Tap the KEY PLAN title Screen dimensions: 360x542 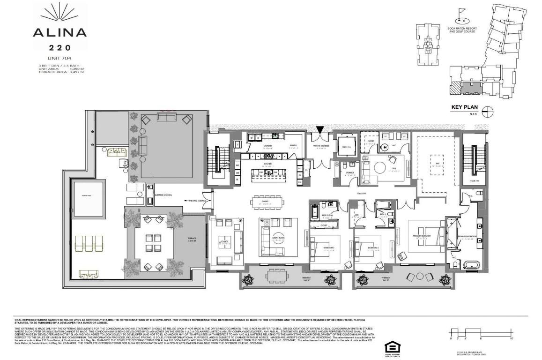tap(463, 107)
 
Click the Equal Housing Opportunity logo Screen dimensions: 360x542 tap(390, 347)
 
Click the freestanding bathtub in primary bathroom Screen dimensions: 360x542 tap(476, 266)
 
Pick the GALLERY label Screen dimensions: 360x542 tap(361, 193)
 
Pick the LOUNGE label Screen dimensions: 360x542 tap(224, 242)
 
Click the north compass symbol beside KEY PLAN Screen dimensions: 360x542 tap(488, 112)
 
